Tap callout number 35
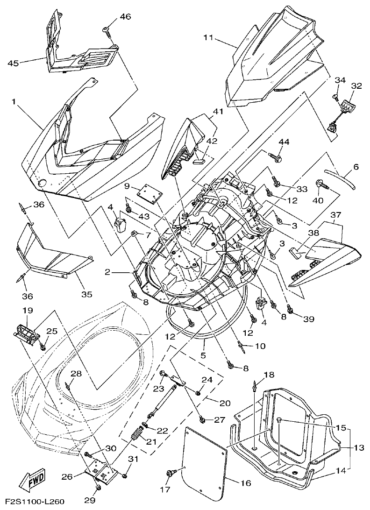tap(87, 294)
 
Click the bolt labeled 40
tap(321, 185)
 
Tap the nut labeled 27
tap(202, 420)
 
